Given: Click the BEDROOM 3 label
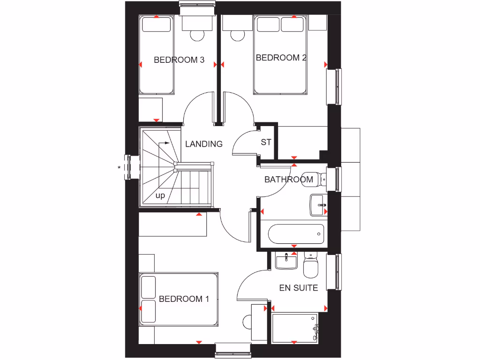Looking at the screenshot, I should coord(179,60).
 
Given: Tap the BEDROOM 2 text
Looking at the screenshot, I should coord(281,58).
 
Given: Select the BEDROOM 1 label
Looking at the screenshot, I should coord(184,299).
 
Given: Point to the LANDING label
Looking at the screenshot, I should coord(204,144).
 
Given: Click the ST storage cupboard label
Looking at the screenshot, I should coord(266,142).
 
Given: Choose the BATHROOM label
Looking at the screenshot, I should coord(289,179).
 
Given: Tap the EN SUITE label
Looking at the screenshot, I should coord(299,288).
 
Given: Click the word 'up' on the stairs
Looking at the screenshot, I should coord(160,196).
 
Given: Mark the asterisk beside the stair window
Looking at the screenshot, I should coord(120,167).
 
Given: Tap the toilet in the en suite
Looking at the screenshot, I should coord(310,266).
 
